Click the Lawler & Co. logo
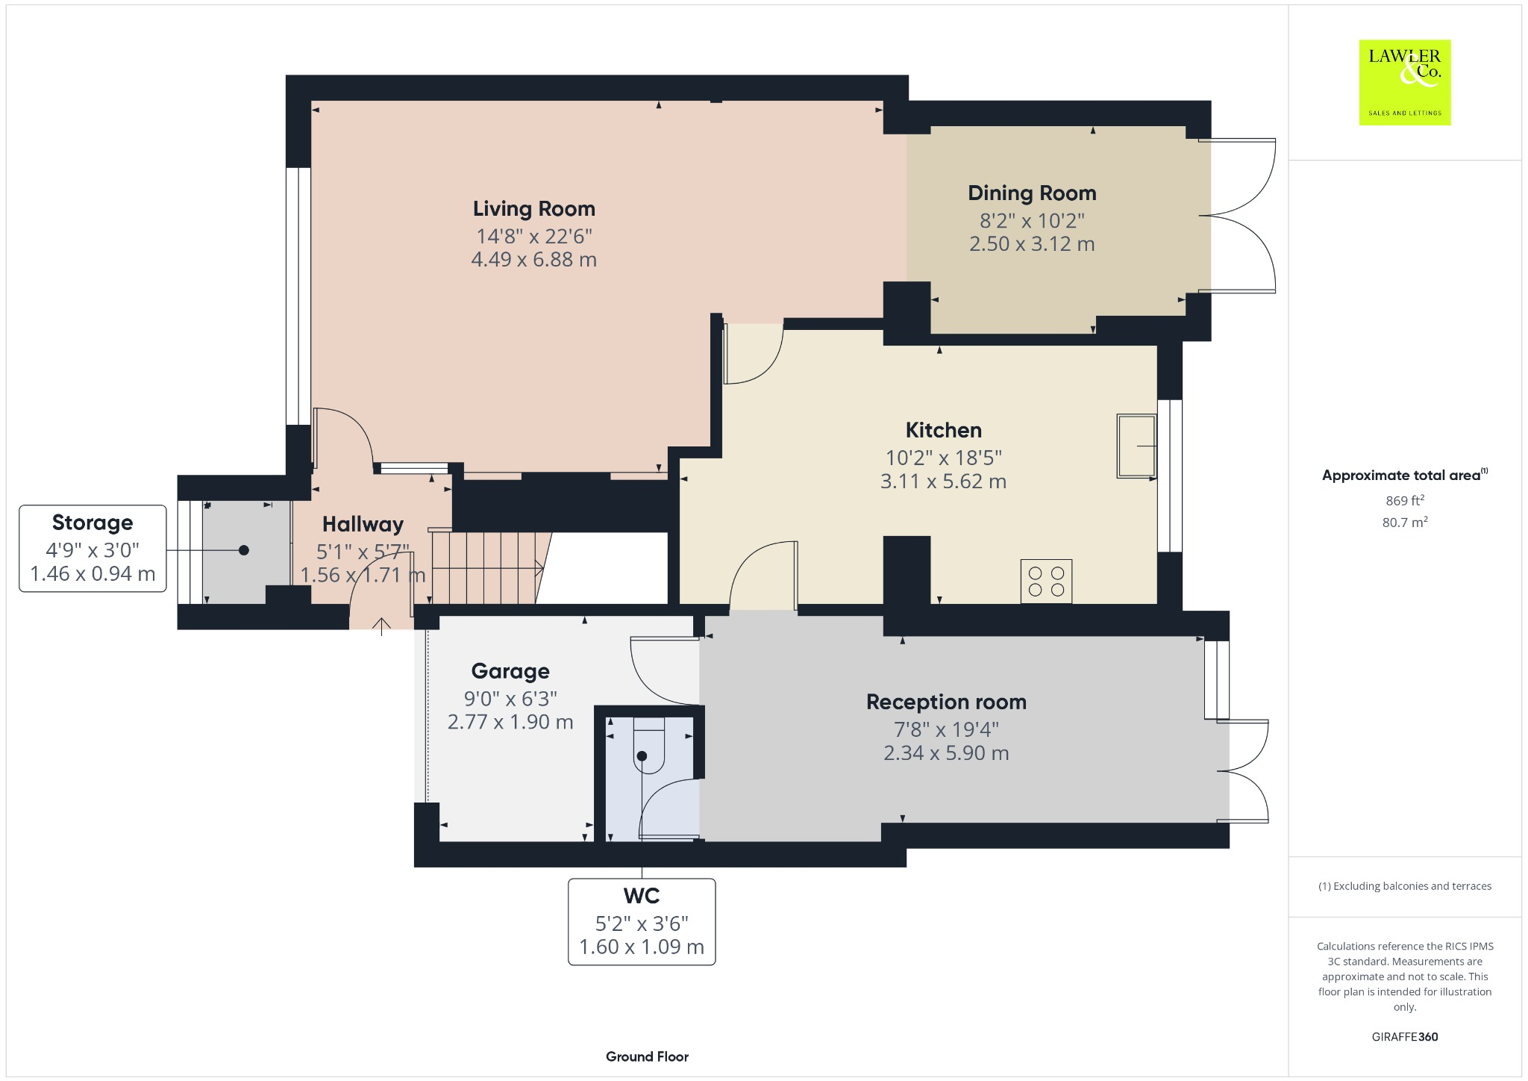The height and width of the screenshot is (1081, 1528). [1404, 82]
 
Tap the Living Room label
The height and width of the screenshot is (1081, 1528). [533, 209]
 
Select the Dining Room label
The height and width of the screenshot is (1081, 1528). [1031, 193]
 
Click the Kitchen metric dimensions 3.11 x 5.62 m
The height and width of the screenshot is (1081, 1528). [943, 482]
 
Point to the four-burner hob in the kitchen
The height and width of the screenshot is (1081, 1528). [1046, 581]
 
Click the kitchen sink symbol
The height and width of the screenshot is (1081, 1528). [1136, 446]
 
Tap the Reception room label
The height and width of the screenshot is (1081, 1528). [946, 702]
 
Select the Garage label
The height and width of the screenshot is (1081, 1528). [510, 671]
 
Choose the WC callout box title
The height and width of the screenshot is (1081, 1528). [642, 895]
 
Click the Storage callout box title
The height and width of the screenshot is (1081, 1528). [93, 523]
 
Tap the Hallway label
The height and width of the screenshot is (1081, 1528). [363, 524]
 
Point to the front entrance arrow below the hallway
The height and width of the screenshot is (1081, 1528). [381, 626]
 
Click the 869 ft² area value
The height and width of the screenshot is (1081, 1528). [1404, 500]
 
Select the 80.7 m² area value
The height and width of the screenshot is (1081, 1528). [1404, 522]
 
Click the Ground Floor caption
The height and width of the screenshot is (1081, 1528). [647, 1056]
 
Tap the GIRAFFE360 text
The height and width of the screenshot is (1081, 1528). [1404, 1036]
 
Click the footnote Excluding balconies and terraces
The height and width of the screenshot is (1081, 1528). [1404, 886]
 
